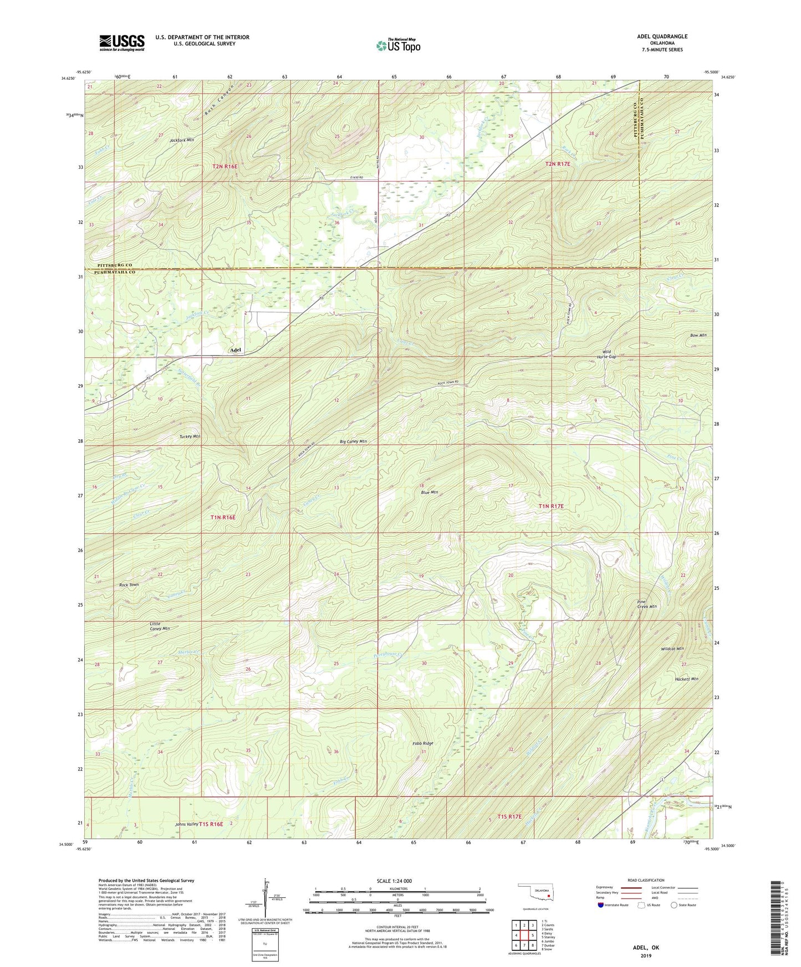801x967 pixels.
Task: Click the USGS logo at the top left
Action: coord(122,43)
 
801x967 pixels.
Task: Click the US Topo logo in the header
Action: coord(397,45)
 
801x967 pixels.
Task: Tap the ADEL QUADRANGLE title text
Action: coord(662,37)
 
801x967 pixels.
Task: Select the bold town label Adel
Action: coord(236,350)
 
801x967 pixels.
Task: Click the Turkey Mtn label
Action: coord(190,436)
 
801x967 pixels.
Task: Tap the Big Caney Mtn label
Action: coord(353,441)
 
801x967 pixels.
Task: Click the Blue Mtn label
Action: coord(429,492)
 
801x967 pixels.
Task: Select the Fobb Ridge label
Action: coord(422,743)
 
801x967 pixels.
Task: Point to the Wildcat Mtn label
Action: coord(672,649)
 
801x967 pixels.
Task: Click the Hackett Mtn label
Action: coord(686,678)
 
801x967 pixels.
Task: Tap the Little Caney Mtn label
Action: coord(160,626)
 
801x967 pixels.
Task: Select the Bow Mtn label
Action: coord(698,336)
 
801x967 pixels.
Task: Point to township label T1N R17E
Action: coord(551,506)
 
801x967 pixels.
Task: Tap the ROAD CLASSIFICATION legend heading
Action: coord(646,880)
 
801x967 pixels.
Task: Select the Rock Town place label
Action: coord(129,585)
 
